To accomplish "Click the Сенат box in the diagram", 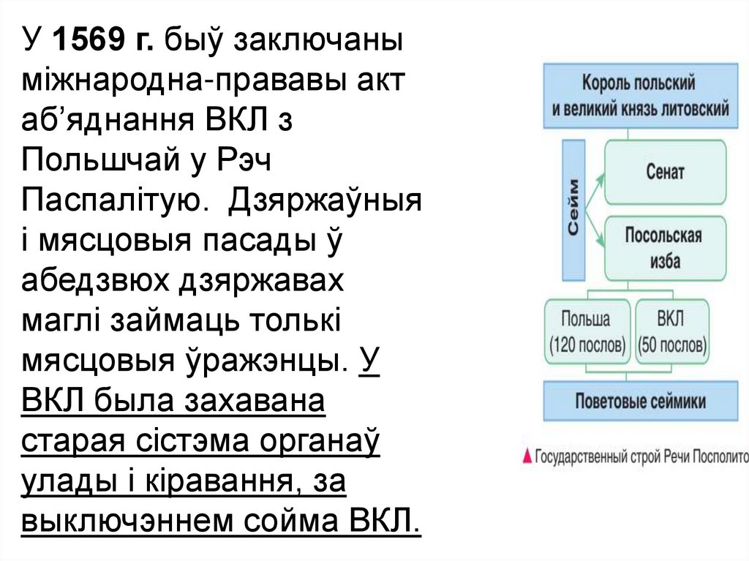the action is tap(665, 173).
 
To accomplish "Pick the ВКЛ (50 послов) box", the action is tap(671, 331).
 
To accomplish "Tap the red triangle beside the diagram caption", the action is tap(527, 457).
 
